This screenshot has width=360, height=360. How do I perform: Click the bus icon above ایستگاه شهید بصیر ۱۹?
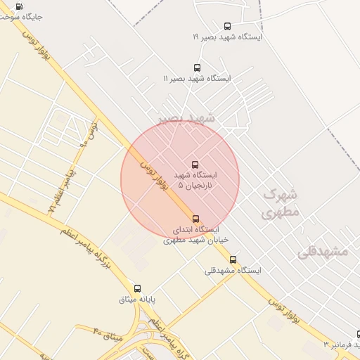226,26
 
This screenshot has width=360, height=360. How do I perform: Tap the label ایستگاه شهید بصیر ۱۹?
226,37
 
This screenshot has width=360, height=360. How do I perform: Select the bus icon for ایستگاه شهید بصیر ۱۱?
196,68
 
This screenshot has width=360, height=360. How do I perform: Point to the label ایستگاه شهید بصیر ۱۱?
197,79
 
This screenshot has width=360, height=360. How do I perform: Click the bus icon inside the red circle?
195,164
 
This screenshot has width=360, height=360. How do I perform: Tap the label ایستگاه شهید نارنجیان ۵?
200,179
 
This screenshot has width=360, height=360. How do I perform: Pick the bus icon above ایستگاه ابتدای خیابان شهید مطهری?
195,219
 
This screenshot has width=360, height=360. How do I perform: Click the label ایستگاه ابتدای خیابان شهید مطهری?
191,235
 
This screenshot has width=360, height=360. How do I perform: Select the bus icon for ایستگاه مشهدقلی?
233,259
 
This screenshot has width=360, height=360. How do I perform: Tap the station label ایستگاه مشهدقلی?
233,270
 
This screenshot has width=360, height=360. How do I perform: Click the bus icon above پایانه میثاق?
137,288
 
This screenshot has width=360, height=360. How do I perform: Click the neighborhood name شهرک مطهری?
281,202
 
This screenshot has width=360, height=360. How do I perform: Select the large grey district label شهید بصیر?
186,118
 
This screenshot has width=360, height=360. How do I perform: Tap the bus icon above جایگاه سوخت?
18,6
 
